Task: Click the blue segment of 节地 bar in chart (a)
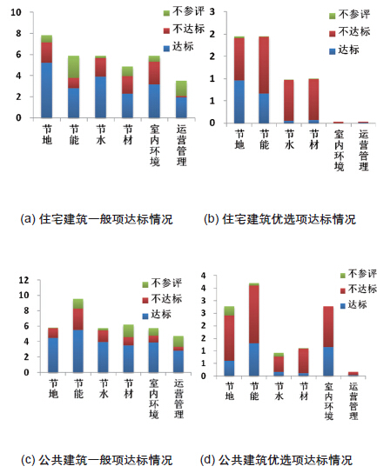[x=47, y=90]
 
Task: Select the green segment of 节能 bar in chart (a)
[x=74, y=67]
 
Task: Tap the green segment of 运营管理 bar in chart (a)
[x=181, y=89]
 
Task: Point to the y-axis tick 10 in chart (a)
[x=17, y=12]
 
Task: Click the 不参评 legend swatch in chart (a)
[x=166, y=13]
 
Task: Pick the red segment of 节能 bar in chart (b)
[x=264, y=65]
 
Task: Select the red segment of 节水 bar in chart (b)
[x=289, y=101]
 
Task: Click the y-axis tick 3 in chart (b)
[x=212, y=12]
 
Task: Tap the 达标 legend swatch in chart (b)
[x=333, y=51]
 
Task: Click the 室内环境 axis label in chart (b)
[x=339, y=150]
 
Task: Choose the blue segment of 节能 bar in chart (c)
[x=78, y=351]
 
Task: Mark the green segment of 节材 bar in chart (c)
[x=128, y=331]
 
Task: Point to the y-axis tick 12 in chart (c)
[x=24, y=280]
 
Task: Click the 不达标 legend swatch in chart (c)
[x=145, y=300]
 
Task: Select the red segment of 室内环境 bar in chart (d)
[x=328, y=327]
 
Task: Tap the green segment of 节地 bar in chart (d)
[x=229, y=311]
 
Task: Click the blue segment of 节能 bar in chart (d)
[x=254, y=360]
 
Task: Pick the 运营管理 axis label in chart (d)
[x=353, y=401]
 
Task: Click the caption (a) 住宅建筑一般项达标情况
[x=97, y=219]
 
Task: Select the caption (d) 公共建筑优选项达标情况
[x=276, y=460]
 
